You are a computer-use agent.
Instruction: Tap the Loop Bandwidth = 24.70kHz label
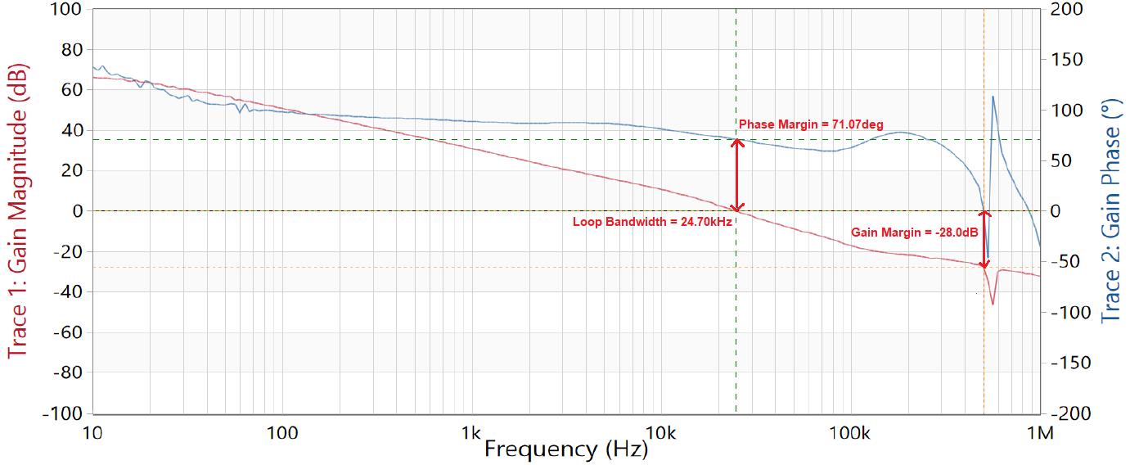coord(651,221)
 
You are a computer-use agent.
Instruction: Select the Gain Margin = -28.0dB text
coord(914,232)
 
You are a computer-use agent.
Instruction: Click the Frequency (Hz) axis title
coord(565,449)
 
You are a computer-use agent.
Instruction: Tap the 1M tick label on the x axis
coord(1039,431)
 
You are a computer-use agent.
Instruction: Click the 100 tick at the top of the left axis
coord(66,10)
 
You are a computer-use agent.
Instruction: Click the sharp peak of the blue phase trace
coord(993,97)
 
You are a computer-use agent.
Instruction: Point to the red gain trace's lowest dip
coord(993,305)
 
